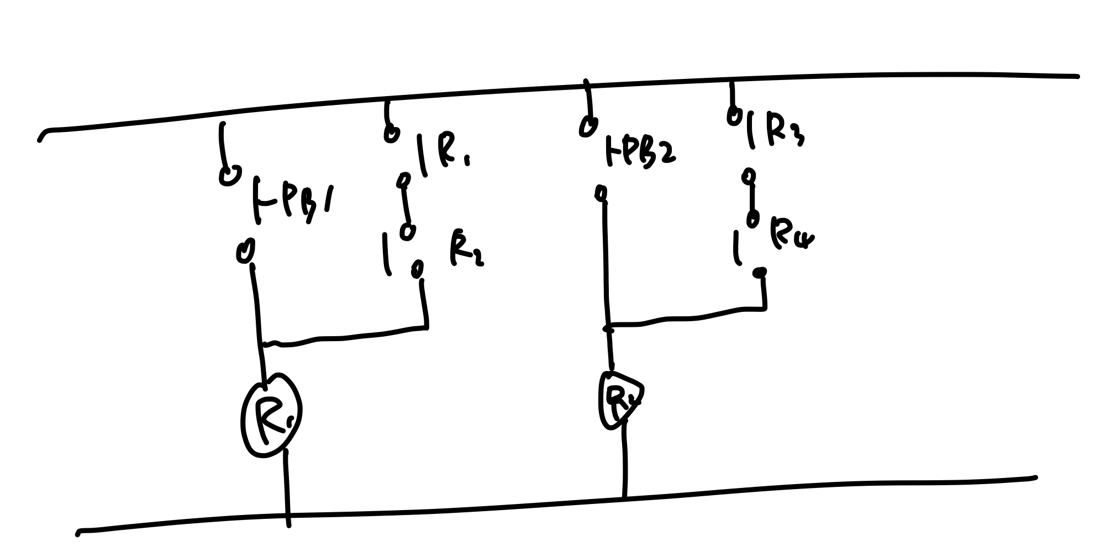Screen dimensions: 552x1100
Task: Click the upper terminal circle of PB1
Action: pyautogui.click(x=229, y=176)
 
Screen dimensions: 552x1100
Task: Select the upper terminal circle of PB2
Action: pyautogui.click(x=588, y=126)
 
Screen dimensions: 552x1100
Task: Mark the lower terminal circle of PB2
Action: pyautogui.click(x=601, y=193)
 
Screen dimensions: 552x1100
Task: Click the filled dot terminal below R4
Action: pyautogui.click(x=761, y=272)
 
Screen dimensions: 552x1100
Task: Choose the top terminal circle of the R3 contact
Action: pyautogui.click(x=734, y=116)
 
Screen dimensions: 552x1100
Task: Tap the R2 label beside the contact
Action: pyautogui.click(x=465, y=251)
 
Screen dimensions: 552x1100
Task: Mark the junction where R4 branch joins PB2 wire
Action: pyautogui.click(x=608, y=328)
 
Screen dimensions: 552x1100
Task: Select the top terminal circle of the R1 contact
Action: pyautogui.click(x=391, y=134)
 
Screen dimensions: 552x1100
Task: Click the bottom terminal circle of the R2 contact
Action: pyautogui.click(x=418, y=269)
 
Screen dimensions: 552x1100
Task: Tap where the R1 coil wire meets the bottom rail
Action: pyautogui.click(x=287, y=516)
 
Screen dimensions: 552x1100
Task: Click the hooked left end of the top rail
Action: pyautogui.click(x=42, y=136)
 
